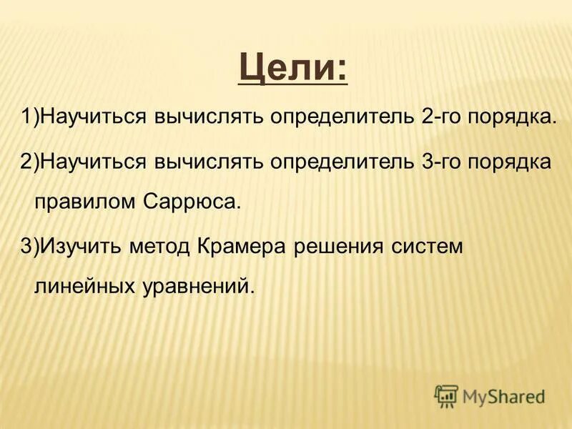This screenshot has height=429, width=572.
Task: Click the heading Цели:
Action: pos(293,70)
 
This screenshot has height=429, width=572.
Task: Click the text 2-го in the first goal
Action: pos(443,117)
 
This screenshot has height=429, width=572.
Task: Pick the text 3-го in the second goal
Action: pos(443,161)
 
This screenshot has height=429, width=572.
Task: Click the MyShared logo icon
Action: pos(446,395)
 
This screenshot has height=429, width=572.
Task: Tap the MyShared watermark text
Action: pos(503,396)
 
